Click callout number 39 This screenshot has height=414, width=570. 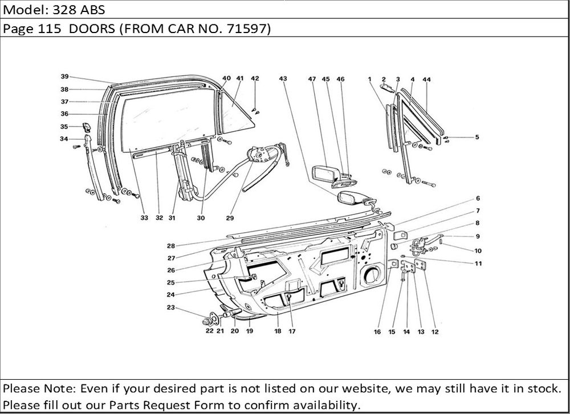pyautogui.click(x=65, y=76)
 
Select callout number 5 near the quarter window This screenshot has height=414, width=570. pyautogui.click(x=477, y=137)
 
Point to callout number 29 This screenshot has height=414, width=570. pyautogui.click(x=230, y=217)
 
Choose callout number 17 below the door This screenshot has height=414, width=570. pyautogui.click(x=291, y=331)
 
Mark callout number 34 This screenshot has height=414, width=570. pyautogui.click(x=64, y=139)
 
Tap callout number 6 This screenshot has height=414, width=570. pyautogui.click(x=478, y=198)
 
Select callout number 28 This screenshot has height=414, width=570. pyautogui.click(x=170, y=246)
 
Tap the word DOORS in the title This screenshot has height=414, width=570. pyautogui.click(x=92, y=30)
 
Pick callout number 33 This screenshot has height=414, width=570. pyautogui.click(x=145, y=217)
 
